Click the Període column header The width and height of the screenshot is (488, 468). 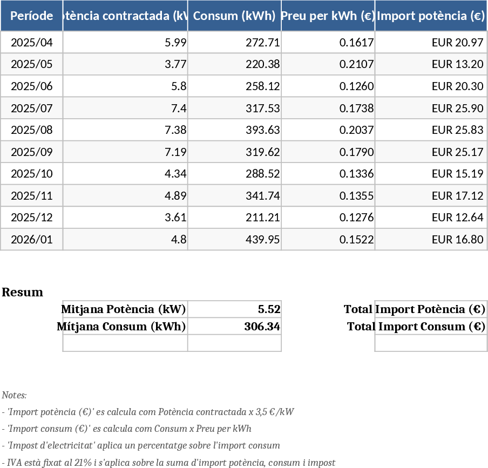[32, 16]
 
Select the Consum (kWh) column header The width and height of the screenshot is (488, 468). [234, 16]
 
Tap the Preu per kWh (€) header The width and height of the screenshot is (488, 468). [328, 16]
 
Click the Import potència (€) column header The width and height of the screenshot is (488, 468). [431, 16]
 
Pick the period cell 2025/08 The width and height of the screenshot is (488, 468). [32, 130]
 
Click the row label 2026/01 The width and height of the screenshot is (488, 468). [32, 239]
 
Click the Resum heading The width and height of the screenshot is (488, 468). [22, 293]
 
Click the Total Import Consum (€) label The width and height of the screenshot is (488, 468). [416, 327]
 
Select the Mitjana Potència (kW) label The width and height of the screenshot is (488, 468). [124, 309]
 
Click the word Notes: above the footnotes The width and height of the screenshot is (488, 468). [14, 395]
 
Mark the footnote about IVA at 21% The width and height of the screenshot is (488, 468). [168, 463]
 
